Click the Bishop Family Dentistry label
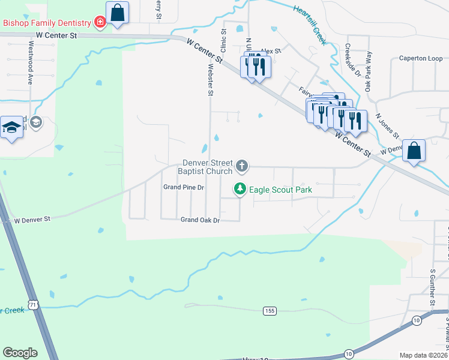(46, 23)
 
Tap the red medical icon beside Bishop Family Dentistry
(100, 23)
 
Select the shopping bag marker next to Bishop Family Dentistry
(118, 13)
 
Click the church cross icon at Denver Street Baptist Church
(242, 165)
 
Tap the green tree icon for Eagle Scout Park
(240, 189)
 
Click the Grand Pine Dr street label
(184, 188)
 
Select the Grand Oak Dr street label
(200, 220)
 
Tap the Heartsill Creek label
(310, 25)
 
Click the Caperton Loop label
(421, 59)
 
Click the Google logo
(20, 353)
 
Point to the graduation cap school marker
(11, 128)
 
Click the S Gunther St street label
(432, 288)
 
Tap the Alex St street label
(271, 51)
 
